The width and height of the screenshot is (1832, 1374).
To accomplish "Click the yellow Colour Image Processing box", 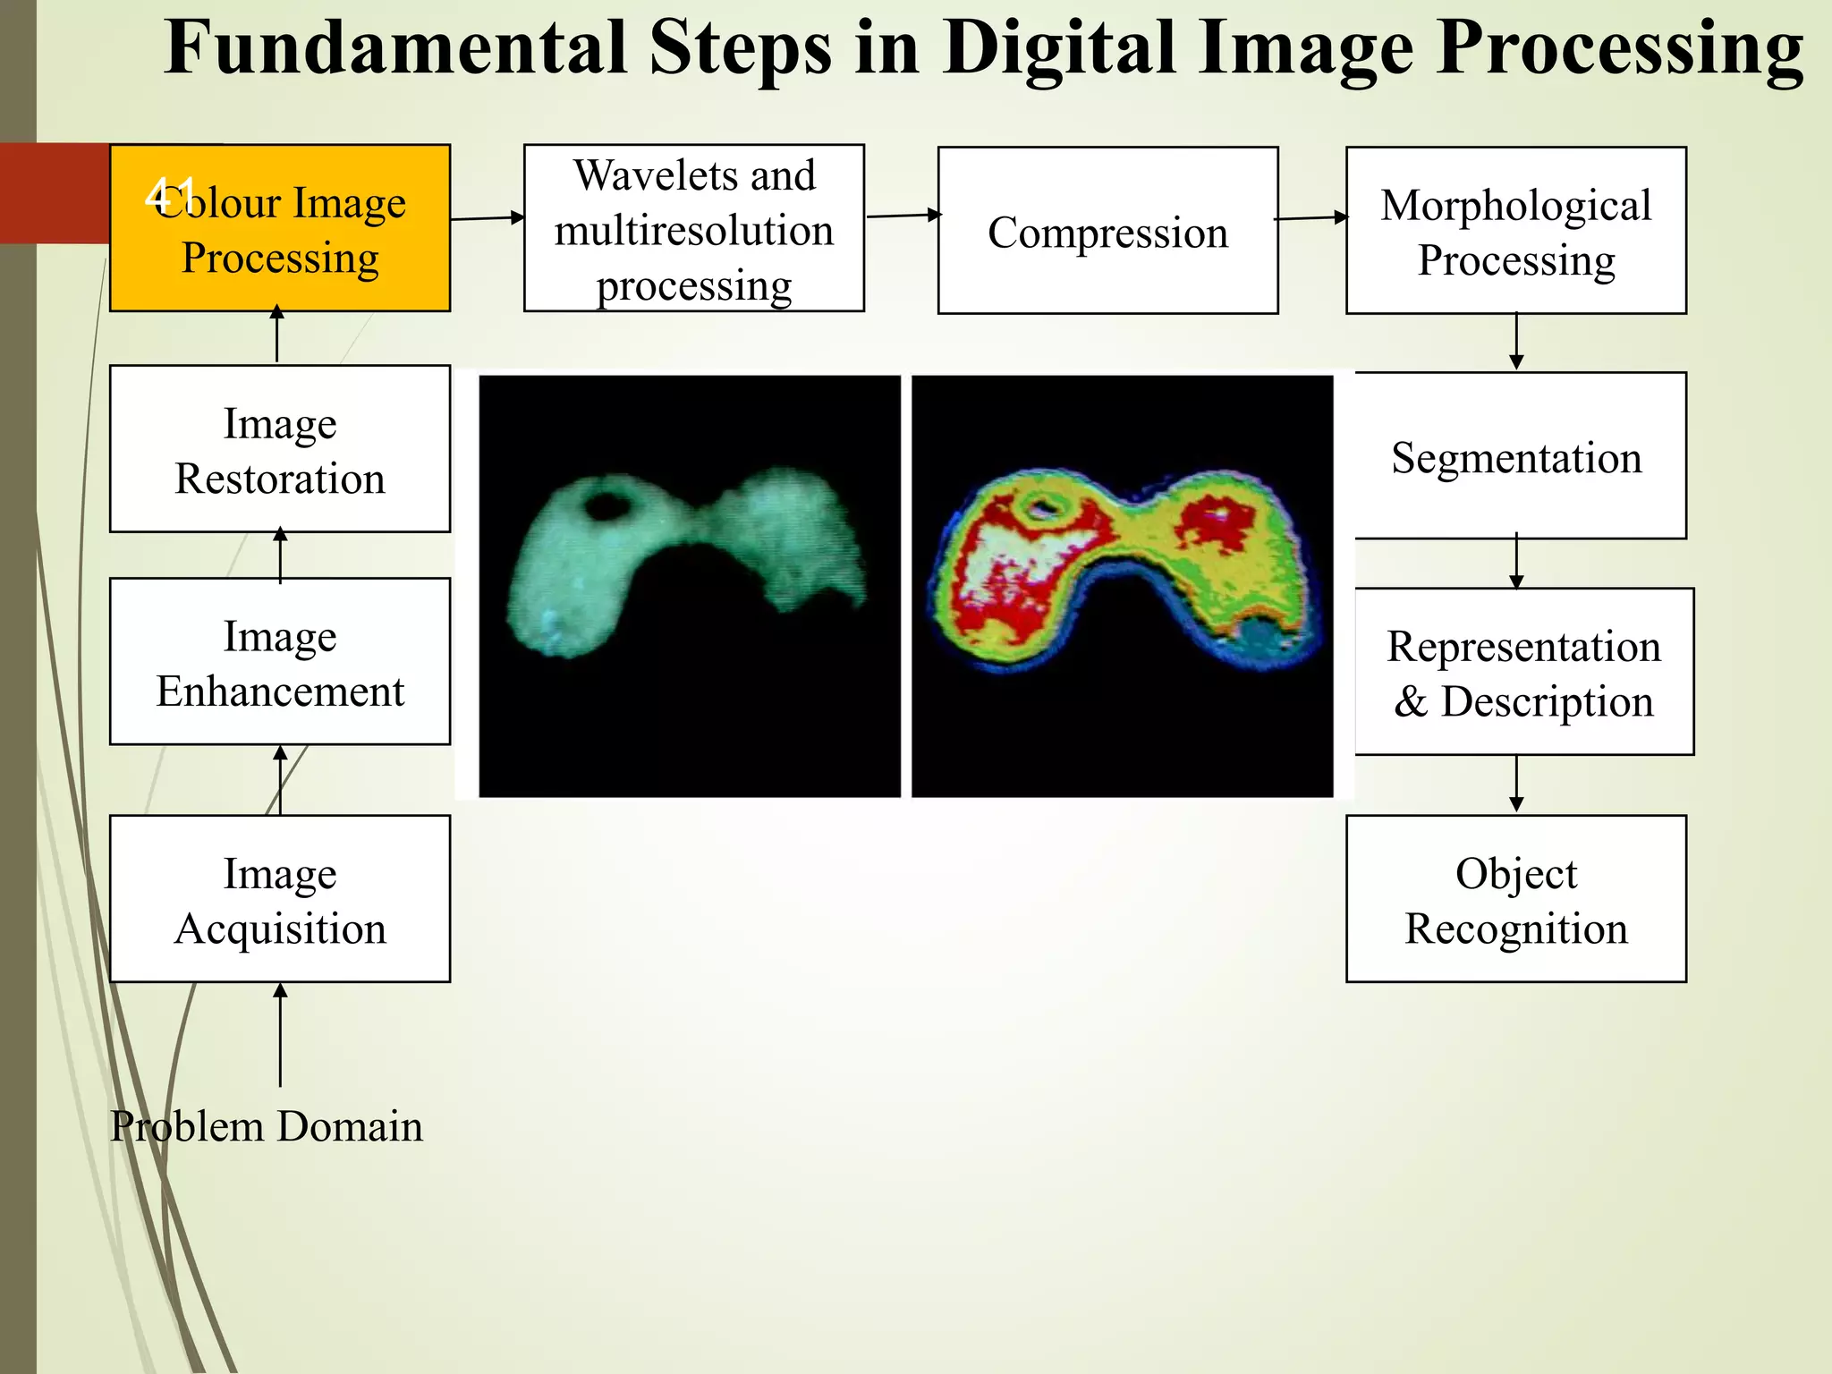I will [280, 228].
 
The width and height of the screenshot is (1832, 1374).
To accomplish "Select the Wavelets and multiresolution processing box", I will [693, 228].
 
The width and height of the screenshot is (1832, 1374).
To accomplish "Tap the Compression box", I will [1107, 231].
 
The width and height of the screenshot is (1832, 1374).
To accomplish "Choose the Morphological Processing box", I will [1515, 231].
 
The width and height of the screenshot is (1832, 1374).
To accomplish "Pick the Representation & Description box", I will [1523, 672].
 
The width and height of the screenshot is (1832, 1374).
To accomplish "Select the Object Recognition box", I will [1515, 898].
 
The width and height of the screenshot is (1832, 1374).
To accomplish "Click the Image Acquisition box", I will [280, 898].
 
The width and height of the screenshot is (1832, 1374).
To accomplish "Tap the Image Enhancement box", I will [280, 662].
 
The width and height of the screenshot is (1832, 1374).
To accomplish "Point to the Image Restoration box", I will [280, 449].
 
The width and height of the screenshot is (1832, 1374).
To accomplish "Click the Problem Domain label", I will [266, 1125].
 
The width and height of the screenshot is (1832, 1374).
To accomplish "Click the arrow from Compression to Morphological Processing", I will [1311, 217].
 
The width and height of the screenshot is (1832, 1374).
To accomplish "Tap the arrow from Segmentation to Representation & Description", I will [1516, 563].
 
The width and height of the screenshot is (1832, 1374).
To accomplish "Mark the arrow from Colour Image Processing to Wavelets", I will [488, 217].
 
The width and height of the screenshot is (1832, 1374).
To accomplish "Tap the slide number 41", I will [169, 193].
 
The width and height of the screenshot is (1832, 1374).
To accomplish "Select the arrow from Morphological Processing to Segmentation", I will [1516, 341].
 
